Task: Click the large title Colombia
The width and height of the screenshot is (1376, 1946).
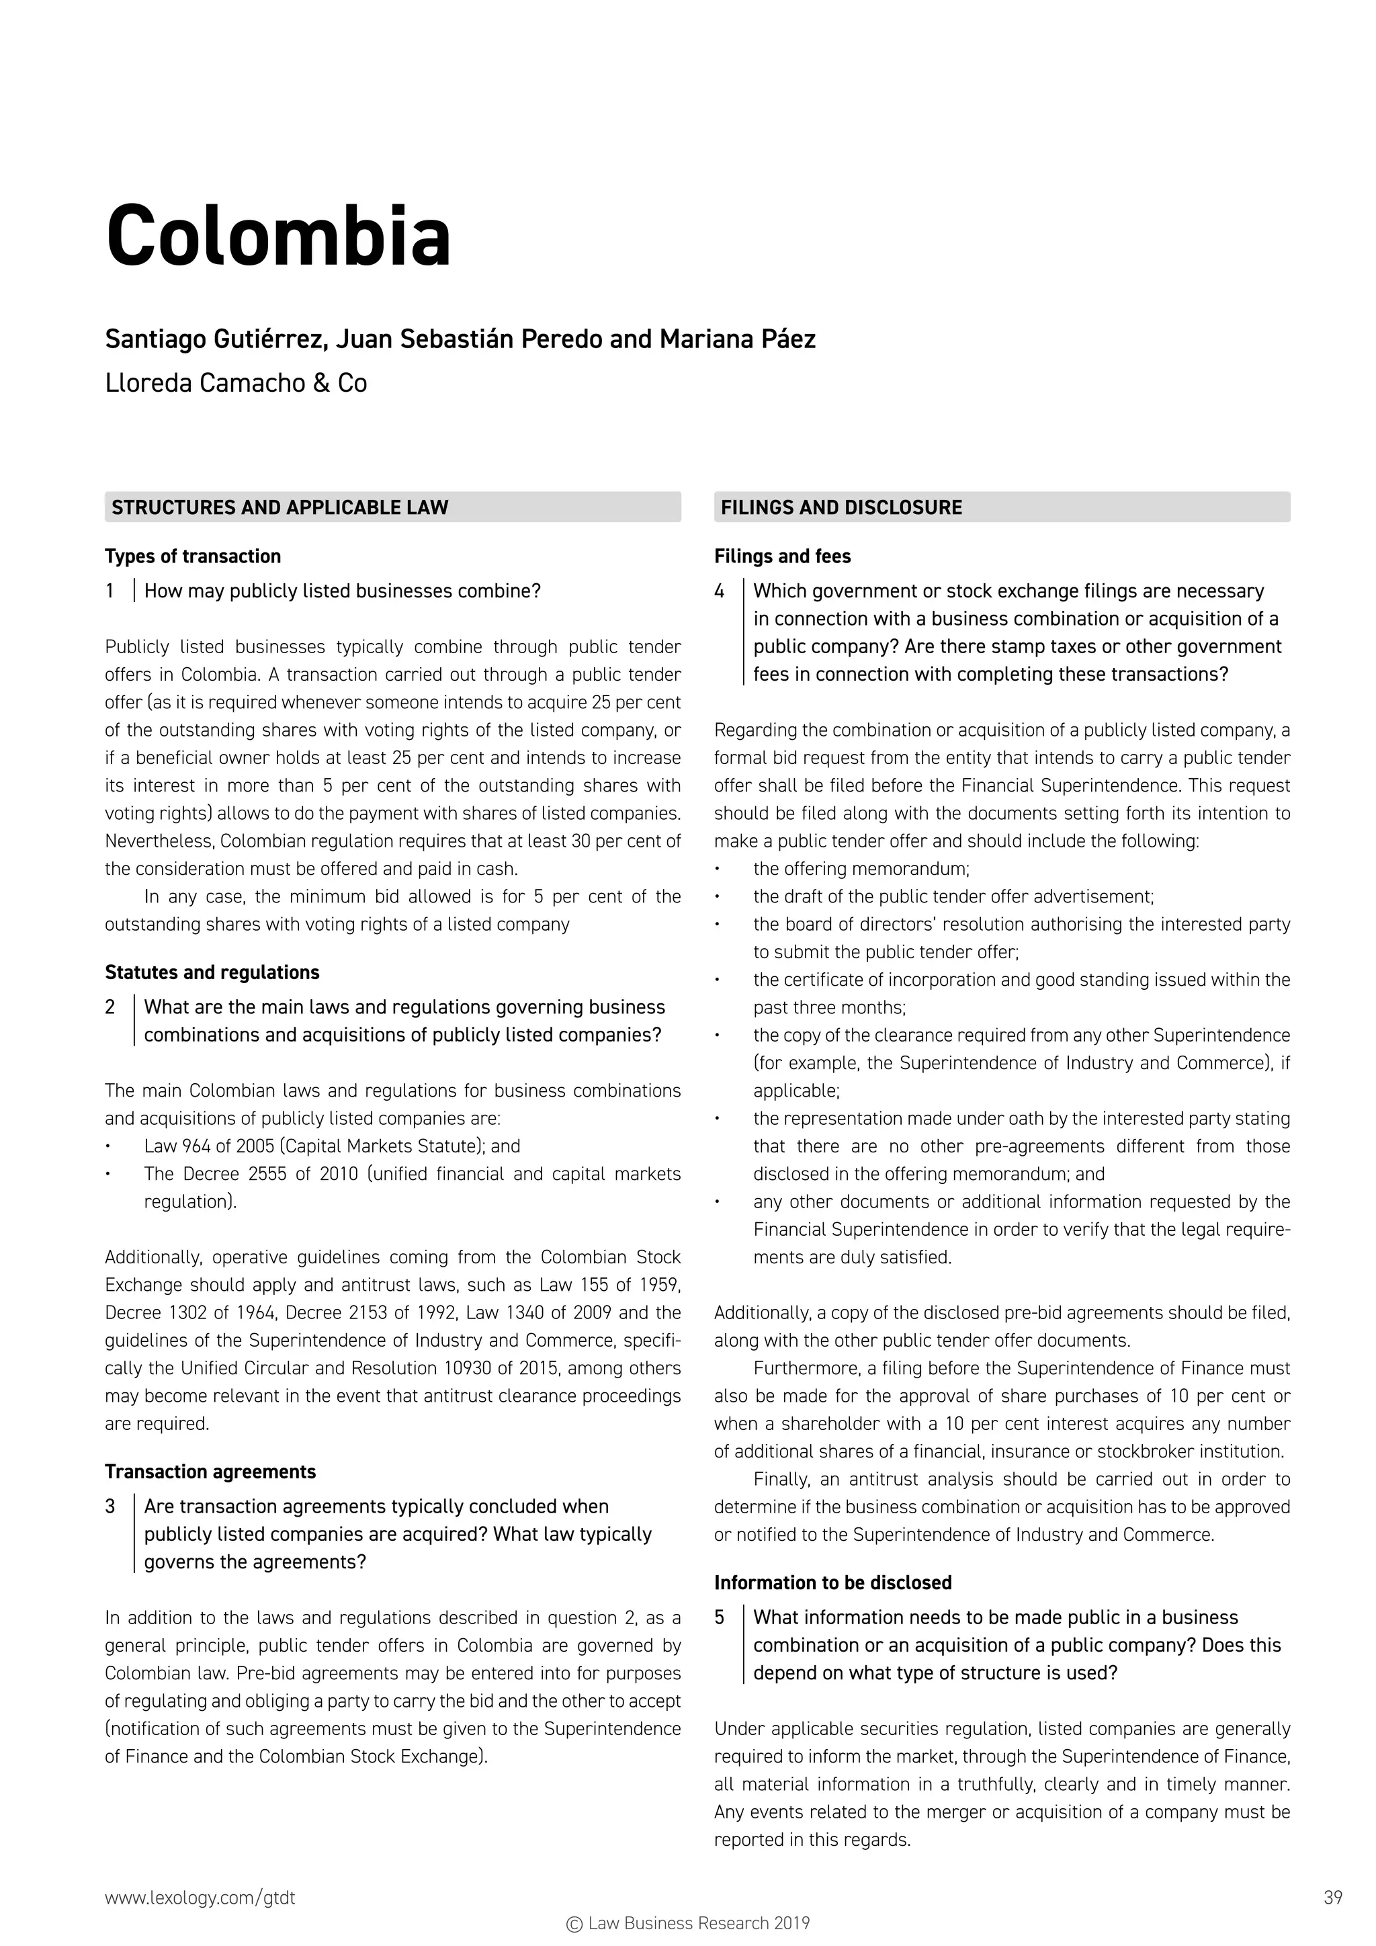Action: coord(278,237)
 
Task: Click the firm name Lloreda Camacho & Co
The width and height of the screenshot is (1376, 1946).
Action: coord(236,383)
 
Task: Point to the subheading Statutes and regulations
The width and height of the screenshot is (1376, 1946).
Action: coord(212,972)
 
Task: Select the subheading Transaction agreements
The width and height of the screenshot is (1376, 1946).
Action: coord(210,1472)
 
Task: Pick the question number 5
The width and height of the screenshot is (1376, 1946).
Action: coord(720,1617)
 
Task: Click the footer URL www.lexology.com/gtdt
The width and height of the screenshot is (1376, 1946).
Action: coord(200,1898)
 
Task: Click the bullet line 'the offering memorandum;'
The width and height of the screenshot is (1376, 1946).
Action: coord(861,869)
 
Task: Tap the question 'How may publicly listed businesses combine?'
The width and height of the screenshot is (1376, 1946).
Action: coord(341,591)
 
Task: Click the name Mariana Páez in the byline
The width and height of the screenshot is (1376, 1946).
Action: coord(737,339)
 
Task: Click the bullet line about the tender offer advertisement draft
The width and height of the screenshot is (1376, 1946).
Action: coord(953,896)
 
